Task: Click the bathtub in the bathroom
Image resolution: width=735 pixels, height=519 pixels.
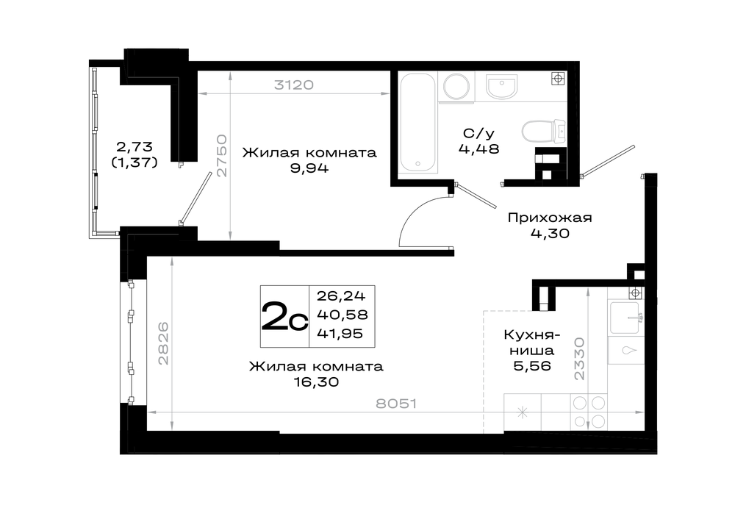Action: click(x=418, y=123)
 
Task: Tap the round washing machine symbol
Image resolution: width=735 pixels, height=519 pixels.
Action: click(x=457, y=86)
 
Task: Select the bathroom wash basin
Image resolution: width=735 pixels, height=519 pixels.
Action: click(x=501, y=87)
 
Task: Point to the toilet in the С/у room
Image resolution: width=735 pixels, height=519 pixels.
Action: click(x=545, y=132)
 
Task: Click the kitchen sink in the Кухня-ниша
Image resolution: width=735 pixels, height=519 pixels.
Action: click(x=624, y=318)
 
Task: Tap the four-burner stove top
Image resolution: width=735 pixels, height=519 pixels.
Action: click(x=589, y=412)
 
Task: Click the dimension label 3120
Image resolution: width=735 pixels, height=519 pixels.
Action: click(x=294, y=85)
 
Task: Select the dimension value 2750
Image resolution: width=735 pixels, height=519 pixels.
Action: click(x=222, y=156)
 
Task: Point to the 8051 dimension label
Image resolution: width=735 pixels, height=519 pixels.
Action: click(x=396, y=403)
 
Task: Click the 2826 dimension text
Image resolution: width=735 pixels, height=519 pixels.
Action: click(x=163, y=343)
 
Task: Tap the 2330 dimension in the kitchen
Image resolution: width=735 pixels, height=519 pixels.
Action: click(x=580, y=359)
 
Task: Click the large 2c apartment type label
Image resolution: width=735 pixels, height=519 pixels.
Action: click(x=284, y=316)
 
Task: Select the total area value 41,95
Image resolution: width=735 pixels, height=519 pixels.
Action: click(x=340, y=333)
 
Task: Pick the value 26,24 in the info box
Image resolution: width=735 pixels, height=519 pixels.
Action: click(x=341, y=296)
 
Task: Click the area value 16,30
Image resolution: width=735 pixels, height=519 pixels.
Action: click(x=316, y=382)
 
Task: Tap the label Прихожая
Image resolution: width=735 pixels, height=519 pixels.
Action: click(x=550, y=218)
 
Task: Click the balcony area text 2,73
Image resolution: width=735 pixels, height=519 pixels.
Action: click(x=135, y=147)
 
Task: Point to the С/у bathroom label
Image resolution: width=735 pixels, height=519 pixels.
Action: click(x=478, y=134)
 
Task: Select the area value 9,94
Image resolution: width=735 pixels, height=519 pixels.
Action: click(x=309, y=168)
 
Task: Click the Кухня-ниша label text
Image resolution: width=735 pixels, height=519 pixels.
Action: click(x=532, y=343)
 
